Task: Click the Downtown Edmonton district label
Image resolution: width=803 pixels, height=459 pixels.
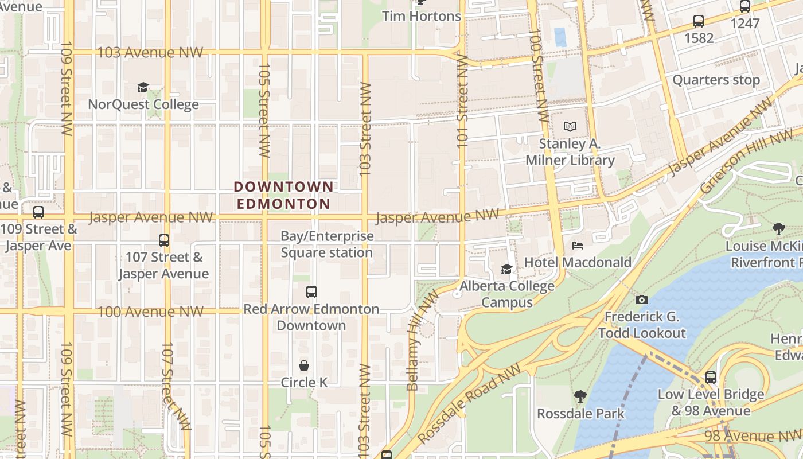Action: pyautogui.click(x=284, y=195)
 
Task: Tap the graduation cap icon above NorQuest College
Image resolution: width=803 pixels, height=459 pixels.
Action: pyautogui.click(x=143, y=87)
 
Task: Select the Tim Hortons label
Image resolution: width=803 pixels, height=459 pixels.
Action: pyautogui.click(x=422, y=16)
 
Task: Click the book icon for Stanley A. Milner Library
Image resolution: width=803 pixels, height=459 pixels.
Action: pyautogui.click(x=570, y=126)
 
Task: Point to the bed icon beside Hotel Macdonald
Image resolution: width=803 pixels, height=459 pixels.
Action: pyautogui.click(x=578, y=246)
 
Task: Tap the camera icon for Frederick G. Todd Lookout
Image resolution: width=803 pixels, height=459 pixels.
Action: pyautogui.click(x=642, y=299)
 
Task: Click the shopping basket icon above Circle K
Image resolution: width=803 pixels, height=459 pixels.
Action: pyautogui.click(x=304, y=365)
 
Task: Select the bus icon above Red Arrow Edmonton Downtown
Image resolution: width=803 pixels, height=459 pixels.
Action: pyautogui.click(x=311, y=292)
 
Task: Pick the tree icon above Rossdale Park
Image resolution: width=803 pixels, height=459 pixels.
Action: pyautogui.click(x=580, y=396)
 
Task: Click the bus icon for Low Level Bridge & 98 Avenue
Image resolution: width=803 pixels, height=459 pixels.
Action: pyautogui.click(x=711, y=378)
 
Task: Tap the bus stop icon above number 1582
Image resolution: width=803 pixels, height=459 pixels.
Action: pyautogui.click(x=698, y=21)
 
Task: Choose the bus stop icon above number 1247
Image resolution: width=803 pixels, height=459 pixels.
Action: pyautogui.click(x=744, y=7)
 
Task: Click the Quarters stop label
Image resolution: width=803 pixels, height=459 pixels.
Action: pyautogui.click(x=716, y=80)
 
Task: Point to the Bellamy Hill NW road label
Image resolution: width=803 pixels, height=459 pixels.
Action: pyautogui.click(x=421, y=341)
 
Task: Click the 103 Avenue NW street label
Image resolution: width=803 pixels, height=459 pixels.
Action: pyautogui.click(x=150, y=52)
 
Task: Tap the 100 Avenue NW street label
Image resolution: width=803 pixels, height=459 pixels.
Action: pyautogui.click(x=150, y=312)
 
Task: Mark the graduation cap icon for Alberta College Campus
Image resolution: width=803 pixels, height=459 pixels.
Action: pyautogui.click(x=506, y=269)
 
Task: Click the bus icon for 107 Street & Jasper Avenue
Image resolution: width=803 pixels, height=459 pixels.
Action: pyautogui.click(x=163, y=240)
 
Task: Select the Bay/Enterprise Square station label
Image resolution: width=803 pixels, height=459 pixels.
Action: pyautogui.click(x=326, y=244)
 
